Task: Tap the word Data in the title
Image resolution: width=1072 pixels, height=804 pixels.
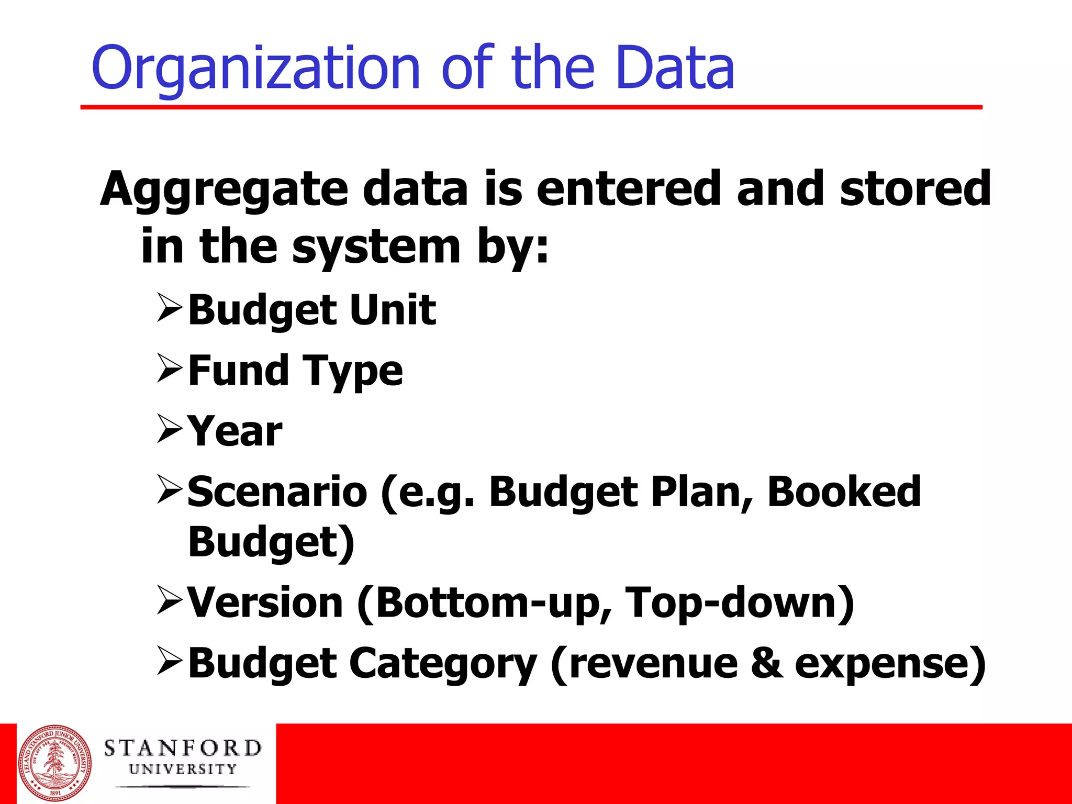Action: (675, 68)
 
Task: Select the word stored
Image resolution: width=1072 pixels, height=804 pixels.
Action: (915, 188)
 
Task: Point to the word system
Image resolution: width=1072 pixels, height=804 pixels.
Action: (376, 247)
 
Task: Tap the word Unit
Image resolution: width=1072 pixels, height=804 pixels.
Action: (393, 310)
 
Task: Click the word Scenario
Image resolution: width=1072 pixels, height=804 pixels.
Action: (277, 492)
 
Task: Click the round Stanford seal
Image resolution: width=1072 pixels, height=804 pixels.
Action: (54, 763)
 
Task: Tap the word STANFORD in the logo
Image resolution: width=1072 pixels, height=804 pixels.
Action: (182, 749)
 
